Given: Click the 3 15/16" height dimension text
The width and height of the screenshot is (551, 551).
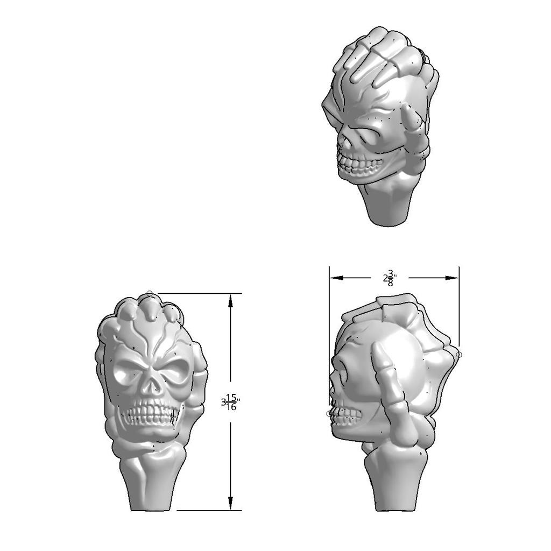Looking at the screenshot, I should click(x=231, y=403).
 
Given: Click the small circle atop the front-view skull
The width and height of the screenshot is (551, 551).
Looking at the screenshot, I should click(x=150, y=293).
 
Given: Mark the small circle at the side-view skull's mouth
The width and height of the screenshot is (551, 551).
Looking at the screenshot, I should click(x=330, y=413).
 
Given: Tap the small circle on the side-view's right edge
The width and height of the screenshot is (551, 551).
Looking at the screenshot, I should click(x=459, y=355).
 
